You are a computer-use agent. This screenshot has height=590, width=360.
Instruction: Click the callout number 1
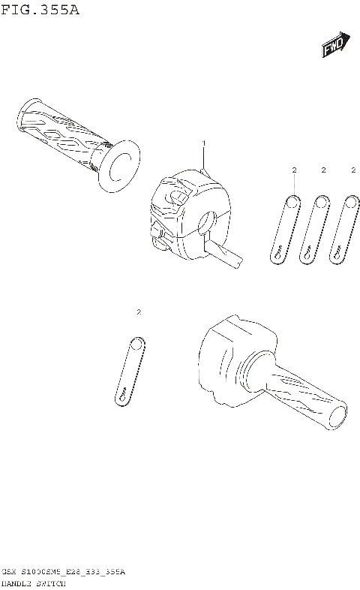(x=202, y=142)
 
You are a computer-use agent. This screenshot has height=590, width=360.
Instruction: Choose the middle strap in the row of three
(x=314, y=228)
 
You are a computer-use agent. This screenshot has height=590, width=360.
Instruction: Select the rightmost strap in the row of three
(x=344, y=228)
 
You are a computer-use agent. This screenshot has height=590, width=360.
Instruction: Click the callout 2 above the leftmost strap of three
(x=294, y=170)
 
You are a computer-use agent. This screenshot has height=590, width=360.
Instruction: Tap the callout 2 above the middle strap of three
(x=323, y=170)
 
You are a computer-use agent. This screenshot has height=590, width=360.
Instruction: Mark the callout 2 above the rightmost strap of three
(x=353, y=170)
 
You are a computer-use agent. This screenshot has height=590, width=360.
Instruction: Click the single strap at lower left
(x=130, y=372)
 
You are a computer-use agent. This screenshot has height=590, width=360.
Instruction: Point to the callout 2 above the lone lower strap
(x=139, y=311)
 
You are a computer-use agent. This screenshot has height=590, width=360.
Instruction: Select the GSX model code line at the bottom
(x=64, y=571)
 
